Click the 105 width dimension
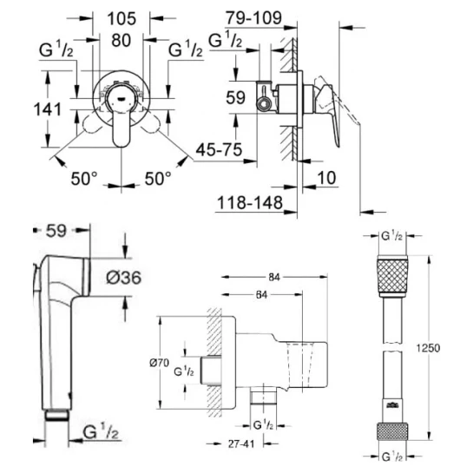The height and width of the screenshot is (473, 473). (122, 19)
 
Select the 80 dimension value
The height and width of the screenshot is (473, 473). (121, 40)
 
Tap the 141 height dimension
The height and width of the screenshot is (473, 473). (48, 109)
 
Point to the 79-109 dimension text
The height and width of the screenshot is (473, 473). (254, 18)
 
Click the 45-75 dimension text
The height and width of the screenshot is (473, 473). (219, 149)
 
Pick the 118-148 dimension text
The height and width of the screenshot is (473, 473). (250, 202)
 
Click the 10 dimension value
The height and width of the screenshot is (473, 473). (326, 178)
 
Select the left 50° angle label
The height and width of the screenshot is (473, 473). (84, 178)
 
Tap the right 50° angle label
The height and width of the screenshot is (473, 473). (158, 178)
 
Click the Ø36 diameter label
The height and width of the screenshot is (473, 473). (124, 277)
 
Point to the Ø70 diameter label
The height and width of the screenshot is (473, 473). (159, 363)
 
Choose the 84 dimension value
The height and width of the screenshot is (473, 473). (274, 277)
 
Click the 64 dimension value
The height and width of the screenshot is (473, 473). (261, 295)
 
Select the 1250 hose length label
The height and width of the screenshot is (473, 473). (429, 348)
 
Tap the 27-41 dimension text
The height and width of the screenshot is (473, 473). (241, 443)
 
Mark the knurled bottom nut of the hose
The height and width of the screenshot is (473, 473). (392, 431)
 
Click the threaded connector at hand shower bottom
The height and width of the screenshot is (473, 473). (57, 415)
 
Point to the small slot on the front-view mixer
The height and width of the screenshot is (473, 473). (121, 99)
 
